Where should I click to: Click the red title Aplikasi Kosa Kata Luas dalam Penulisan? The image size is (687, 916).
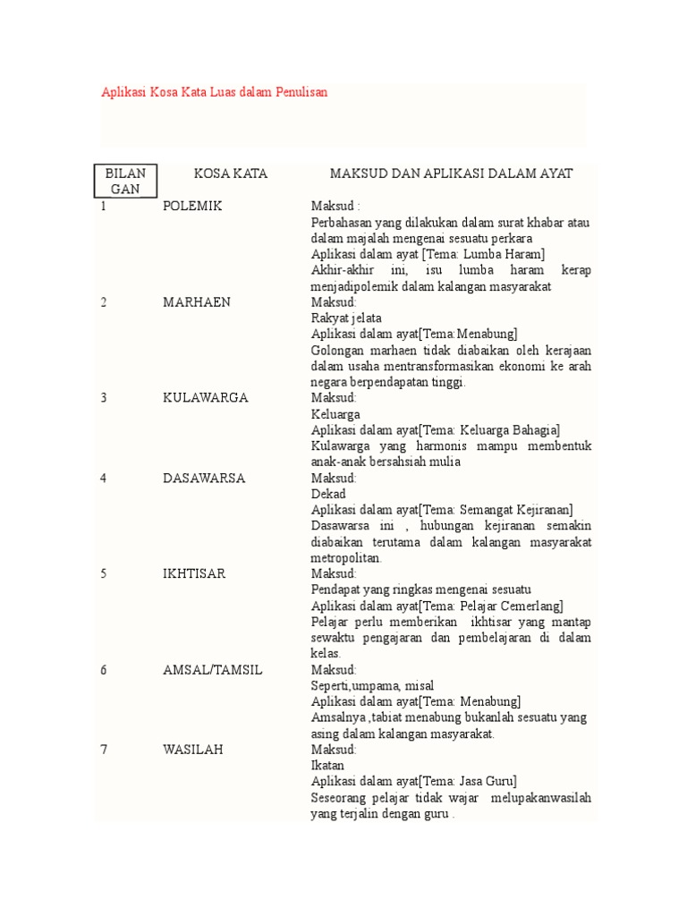214,92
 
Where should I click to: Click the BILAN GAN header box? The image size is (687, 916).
125,181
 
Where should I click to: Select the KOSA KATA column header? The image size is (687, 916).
230,174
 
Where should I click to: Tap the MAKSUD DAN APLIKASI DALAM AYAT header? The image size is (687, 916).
451,174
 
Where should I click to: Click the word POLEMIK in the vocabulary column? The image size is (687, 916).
192,206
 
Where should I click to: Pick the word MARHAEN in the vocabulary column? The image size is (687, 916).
196,301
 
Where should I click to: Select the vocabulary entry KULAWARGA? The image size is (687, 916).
206,397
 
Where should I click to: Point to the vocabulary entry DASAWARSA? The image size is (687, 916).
204,478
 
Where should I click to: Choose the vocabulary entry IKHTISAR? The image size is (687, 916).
195,573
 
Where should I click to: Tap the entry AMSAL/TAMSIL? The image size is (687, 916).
213,669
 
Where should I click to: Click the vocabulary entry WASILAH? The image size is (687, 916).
193,749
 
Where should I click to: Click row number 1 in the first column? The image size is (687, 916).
103,206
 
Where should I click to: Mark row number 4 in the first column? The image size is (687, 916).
103,478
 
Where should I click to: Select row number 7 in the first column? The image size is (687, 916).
103,749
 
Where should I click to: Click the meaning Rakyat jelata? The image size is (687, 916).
346,318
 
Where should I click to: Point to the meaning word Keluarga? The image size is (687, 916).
335,413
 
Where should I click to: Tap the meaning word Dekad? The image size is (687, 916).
327,493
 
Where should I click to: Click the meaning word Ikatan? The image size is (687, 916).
327,765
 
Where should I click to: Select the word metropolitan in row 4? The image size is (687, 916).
345,557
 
